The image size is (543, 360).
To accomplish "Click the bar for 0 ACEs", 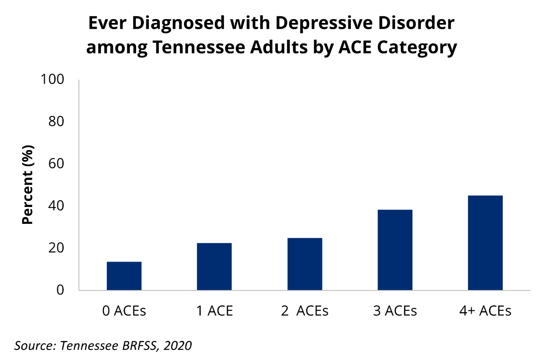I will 124,276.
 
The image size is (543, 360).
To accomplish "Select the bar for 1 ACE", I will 214,267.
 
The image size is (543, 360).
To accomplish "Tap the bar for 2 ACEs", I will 305,264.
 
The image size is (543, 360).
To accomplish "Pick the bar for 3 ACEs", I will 395,250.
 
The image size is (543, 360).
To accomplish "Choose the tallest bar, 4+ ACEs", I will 485,243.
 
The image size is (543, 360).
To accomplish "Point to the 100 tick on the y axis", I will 52,79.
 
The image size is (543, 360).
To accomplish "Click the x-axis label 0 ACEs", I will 124,311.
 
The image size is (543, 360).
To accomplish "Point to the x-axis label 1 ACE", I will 214,311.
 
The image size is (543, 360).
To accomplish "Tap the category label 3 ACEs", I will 395,311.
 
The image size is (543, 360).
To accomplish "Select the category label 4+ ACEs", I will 485,311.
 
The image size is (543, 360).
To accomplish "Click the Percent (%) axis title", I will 28,185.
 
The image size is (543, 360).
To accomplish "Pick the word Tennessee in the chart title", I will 202,48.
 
